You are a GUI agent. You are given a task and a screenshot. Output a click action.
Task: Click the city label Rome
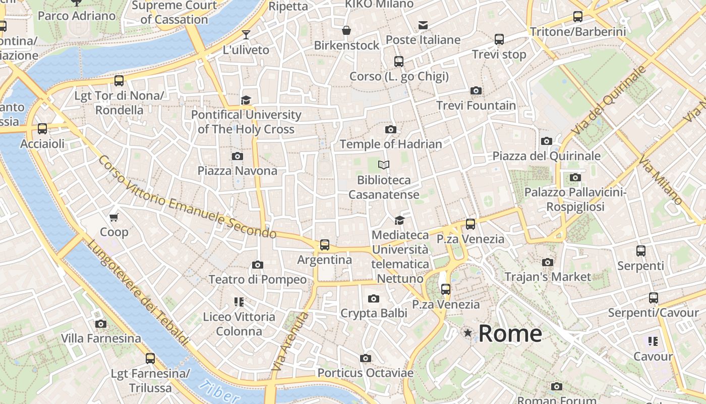click(510, 333)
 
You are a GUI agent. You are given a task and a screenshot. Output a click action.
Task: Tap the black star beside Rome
click(468, 333)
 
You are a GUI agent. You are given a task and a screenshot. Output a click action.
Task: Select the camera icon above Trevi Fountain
click(476, 91)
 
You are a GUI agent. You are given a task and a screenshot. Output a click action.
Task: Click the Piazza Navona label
click(237, 171)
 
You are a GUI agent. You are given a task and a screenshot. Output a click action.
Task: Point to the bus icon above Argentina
click(324, 245)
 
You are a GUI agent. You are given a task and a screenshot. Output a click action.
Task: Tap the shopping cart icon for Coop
click(114, 217)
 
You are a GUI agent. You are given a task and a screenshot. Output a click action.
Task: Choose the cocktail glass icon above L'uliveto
click(246, 35)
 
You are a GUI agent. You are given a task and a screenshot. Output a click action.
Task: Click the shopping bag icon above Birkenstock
click(346, 30)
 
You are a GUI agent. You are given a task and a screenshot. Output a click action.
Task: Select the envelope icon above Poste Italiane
click(423, 25)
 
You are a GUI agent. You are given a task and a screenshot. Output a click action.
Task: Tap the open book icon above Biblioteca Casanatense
click(384, 165)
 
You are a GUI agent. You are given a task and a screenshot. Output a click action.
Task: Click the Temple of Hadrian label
click(390, 144)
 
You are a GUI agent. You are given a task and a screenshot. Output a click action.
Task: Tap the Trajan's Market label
click(548, 277)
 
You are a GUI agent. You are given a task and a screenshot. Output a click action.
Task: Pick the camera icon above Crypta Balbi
click(373, 298)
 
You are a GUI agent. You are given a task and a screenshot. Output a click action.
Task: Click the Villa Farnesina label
click(101, 338)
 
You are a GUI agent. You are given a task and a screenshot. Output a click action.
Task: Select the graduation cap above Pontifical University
click(246, 100)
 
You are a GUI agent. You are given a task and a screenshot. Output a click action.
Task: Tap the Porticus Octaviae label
click(365, 373)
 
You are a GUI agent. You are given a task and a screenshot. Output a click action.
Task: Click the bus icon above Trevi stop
click(499, 39)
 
